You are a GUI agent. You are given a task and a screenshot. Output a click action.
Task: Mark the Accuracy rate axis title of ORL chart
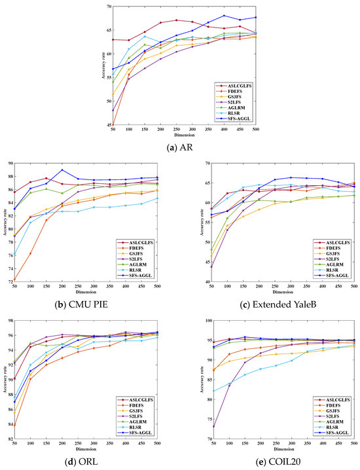point(4,379)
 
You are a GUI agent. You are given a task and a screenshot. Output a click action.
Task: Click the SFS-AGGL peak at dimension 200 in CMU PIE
point(62,170)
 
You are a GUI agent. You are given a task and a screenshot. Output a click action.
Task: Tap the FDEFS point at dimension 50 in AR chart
point(113,125)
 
